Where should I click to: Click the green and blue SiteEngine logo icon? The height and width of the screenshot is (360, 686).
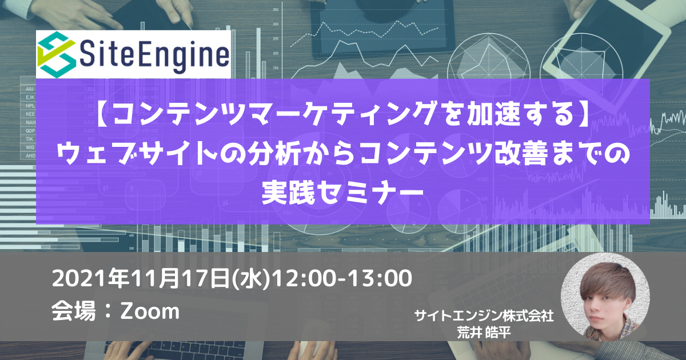point(56,54)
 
